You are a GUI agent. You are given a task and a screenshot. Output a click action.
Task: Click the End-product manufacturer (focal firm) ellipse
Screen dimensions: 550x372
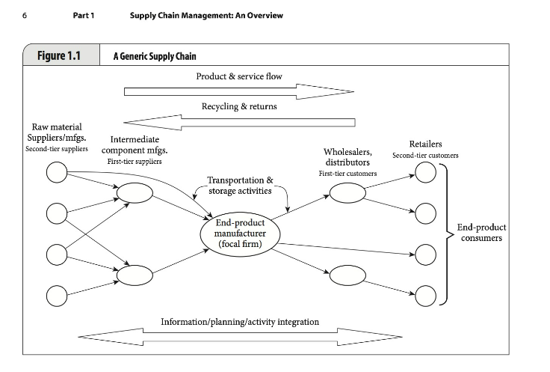[x=240, y=234]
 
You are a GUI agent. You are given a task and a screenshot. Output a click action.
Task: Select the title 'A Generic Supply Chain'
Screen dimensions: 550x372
[x=155, y=56]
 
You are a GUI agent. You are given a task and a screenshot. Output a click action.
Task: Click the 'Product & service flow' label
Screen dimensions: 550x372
[x=239, y=76]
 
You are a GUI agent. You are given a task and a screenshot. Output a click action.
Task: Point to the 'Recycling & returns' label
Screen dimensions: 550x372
[x=239, y=106]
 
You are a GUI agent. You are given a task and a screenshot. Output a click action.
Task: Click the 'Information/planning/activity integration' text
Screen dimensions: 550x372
[x=240, y=322]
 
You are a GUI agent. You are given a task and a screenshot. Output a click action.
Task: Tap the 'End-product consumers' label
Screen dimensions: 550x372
[x=481, y=233]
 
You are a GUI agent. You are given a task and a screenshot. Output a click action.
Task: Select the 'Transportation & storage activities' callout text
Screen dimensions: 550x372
[x=240, y=186]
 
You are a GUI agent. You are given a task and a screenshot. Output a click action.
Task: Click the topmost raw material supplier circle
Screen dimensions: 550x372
[x=57, y=172]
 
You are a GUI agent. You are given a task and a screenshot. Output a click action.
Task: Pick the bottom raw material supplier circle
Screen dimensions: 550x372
[x=57, y=296]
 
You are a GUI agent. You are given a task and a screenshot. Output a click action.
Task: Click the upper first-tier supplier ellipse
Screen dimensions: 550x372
[x=135, y=193]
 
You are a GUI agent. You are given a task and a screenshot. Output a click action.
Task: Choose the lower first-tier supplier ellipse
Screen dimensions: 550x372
[x=135, y=275]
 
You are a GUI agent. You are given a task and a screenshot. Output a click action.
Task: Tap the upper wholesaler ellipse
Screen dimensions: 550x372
[x=347, y=193]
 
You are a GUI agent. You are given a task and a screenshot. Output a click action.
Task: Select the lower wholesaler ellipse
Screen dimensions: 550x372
[x=347, y=275]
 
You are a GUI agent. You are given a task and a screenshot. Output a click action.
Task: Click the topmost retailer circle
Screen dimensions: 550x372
[x=425, y=172]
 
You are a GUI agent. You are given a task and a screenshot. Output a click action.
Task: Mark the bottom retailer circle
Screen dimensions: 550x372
[x=425, y=296]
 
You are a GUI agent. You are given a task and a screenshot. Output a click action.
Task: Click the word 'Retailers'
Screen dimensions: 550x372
[x=425, y=144]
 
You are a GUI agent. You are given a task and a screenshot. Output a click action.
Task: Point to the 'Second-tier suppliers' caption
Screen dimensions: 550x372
[x=57, y=149]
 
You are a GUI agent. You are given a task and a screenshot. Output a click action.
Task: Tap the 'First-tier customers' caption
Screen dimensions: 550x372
[x=347, y=173]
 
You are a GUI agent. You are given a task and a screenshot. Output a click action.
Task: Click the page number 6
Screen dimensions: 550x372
[x=25, y=16]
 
